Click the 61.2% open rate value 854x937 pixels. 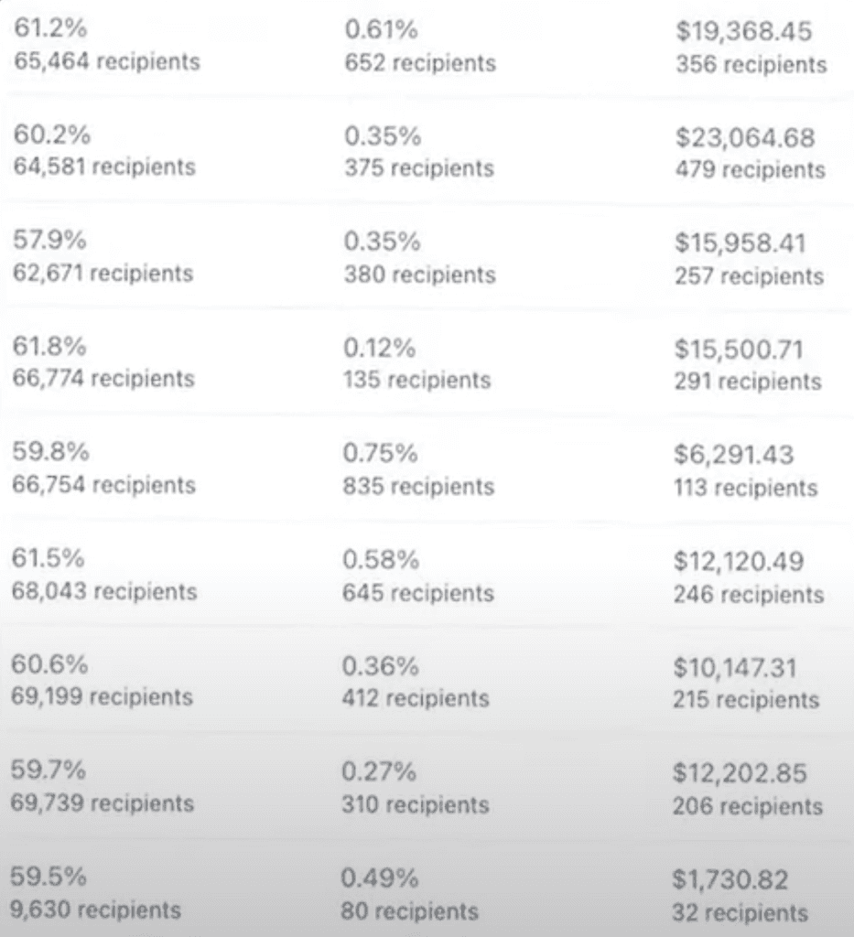50,28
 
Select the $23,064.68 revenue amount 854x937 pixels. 745,137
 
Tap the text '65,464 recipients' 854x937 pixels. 107,61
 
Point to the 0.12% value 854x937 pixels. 379,348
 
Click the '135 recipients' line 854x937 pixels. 416,380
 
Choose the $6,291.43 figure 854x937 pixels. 734,455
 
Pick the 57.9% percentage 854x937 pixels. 49,241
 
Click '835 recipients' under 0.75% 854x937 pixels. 418,486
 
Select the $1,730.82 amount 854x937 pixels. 730,879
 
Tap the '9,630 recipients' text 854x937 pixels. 95,910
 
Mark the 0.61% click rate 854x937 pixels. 381,30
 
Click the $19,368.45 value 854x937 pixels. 744,31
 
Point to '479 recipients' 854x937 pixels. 751,169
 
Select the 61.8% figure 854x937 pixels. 49,346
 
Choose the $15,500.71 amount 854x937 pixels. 740,350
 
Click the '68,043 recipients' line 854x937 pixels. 104,591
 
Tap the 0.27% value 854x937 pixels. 379,771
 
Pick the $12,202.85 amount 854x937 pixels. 740,773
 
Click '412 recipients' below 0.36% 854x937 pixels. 416,698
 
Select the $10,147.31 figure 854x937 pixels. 735,667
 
